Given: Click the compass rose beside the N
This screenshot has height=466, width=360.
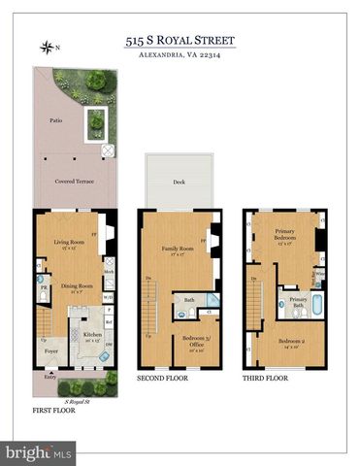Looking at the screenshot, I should tap(46, 46).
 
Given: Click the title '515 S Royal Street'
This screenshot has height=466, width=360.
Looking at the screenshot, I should tap(180, 42).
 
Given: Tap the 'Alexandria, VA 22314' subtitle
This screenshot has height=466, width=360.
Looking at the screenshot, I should tap(180, 56).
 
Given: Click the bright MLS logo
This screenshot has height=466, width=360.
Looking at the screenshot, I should tap(39, 452).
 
